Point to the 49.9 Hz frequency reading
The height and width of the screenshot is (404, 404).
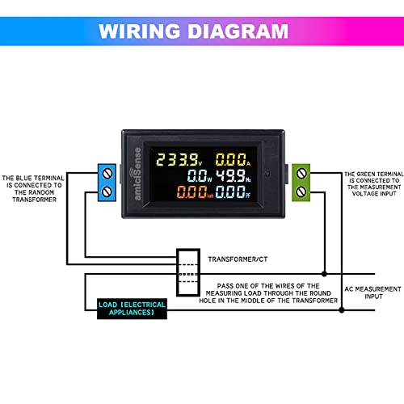[x=242, y=176]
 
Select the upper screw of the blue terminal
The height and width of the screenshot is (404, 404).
[x=107, y=174]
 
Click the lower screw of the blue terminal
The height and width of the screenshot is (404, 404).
[x=107, y=191]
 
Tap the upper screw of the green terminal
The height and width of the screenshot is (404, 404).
[x=301, y=174]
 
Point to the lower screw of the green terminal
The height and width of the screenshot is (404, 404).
[x=301, y=191]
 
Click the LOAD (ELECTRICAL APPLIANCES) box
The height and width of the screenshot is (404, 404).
[x=133, y=309]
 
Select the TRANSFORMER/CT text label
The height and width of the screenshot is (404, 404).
[x=240, y=260]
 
